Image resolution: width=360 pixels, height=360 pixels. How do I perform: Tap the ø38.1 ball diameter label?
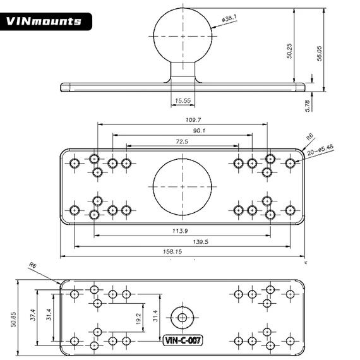click(x=227, y=21)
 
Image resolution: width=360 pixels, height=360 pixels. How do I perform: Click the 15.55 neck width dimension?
click(x=183, y=100)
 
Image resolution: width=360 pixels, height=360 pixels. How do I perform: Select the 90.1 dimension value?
click(x=182, y=131)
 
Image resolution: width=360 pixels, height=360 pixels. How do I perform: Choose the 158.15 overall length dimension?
click(x=181, y=252)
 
